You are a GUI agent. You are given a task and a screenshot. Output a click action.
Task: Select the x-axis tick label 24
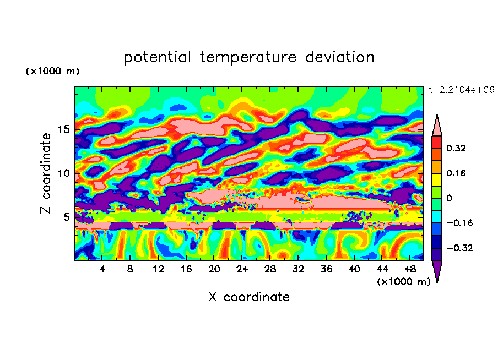click(242, 270)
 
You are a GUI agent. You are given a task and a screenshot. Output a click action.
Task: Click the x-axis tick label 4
click(102, 270)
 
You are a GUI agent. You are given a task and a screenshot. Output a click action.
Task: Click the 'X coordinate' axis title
click(249, 297)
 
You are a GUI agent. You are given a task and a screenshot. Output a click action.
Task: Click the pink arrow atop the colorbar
click(437, 126)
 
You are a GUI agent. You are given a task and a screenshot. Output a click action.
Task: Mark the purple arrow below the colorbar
click(437, 271)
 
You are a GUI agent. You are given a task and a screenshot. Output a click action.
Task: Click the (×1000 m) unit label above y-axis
click(52, 72)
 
